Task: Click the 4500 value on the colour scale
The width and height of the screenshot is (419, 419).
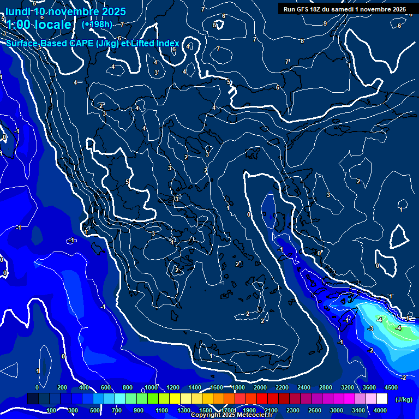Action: click(391, 387)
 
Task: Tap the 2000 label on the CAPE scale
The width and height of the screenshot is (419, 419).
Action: click(260, 387)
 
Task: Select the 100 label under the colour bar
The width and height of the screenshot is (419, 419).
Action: click(52, 410)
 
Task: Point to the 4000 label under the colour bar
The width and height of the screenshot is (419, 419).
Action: click(380, 410)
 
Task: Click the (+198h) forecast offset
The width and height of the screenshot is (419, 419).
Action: click(97, 24)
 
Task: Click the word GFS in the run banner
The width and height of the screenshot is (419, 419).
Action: click(303, 9)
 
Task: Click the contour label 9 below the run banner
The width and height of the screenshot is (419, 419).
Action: click(325, 23)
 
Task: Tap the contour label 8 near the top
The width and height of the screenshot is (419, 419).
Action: click(302, 41)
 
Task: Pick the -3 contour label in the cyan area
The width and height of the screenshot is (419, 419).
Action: click(370, 328)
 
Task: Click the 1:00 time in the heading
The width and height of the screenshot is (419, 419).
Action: click(19, 25)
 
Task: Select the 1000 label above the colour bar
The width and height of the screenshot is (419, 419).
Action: click(151, 387)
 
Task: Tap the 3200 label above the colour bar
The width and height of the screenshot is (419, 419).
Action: click(347, 387)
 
